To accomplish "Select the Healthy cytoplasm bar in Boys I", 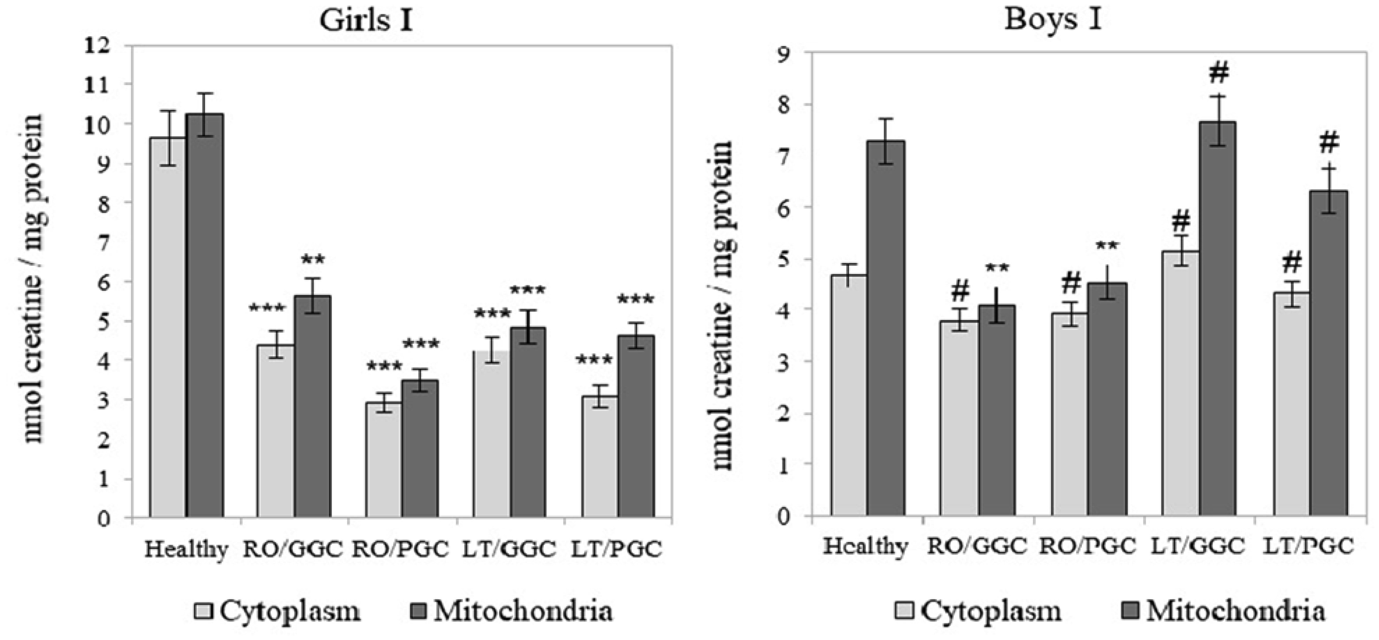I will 850,396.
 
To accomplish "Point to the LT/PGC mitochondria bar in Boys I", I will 1329,353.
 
